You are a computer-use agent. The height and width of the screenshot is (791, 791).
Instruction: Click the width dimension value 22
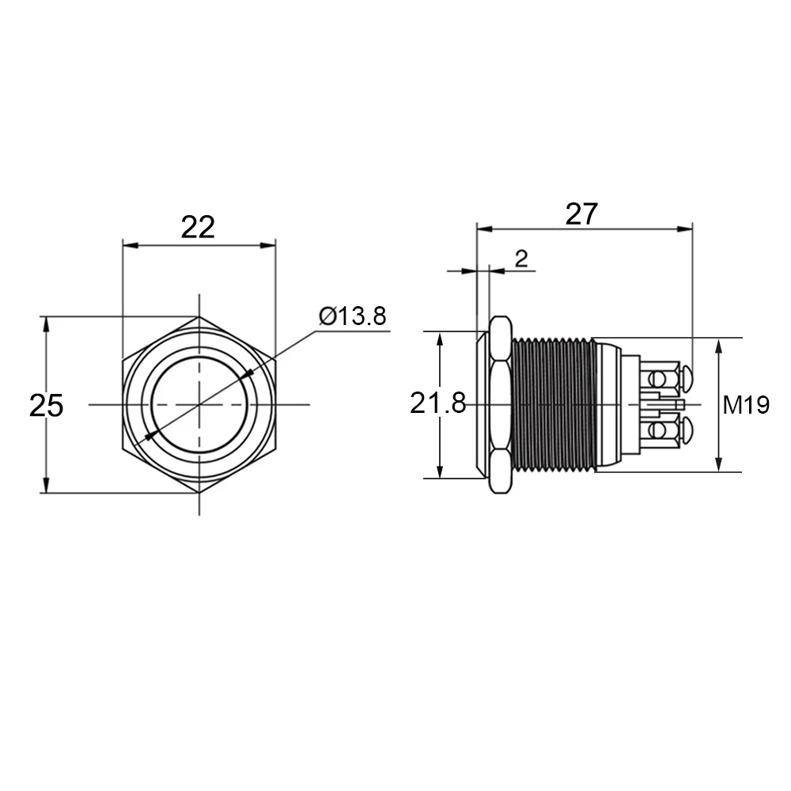[x=198, y=227]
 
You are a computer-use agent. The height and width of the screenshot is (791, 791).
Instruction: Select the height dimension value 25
[x=46, y=406]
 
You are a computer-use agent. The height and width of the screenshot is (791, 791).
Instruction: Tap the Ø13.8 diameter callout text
[x=353, y=316]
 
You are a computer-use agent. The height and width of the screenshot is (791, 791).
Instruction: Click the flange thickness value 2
[x=521, y=258]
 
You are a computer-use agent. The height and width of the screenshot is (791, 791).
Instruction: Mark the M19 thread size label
[x=745, y=406]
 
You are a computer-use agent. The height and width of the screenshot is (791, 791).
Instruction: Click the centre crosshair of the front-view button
[x=199, y=405]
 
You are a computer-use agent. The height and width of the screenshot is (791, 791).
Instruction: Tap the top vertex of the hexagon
[x=199, y=316]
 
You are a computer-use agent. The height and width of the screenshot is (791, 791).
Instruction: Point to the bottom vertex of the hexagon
[x=199, y=494]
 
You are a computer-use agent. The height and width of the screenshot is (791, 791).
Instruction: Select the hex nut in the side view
[x=500, y=404]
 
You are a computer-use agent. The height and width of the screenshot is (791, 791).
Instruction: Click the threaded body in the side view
[x=551, y=404]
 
